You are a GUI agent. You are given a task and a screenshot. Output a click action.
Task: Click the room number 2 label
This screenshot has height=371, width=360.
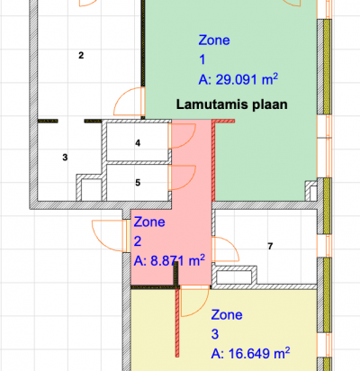pyautogui.click(x=81, y=55)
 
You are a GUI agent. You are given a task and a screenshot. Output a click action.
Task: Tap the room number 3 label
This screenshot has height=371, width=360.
pyautogui.click(x=65, y=157)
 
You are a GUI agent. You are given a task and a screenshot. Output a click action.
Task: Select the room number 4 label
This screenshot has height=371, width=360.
pyautogui.click(x=138, y=143)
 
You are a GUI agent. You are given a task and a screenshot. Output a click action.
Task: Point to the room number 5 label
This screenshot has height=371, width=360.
pyautogui.click(x=138, y=183)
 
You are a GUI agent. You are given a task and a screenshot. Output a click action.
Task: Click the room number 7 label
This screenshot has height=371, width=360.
pyautogui.click(x=270, y=246)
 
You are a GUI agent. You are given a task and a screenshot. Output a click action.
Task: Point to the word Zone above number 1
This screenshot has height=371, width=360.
pyautogui.click(x=214, y=40)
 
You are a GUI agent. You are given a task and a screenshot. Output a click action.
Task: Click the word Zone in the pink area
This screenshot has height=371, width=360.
pyautogui.click(x=149, y=222)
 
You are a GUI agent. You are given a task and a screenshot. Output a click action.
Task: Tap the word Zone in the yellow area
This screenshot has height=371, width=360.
pyautogui.click(x=227, y=314)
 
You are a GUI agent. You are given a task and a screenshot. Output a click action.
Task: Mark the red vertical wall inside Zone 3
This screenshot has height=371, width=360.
pyautogui.click(x=177, y=323)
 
